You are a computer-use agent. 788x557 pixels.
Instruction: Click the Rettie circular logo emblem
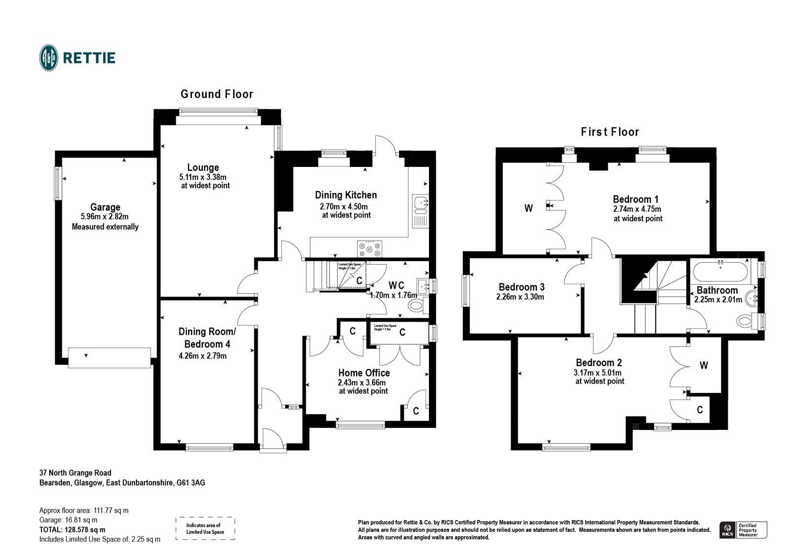(49, 58)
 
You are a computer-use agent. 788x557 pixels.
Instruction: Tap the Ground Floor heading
(217, 94)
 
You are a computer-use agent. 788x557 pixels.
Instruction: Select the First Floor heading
(610, 132)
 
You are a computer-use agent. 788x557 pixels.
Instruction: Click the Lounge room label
(203, 167)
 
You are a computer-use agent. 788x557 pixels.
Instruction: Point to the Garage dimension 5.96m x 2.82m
(105, 217)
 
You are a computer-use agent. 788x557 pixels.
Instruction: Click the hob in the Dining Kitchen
(369, 248)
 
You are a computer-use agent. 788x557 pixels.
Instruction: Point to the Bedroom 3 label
(521, 287)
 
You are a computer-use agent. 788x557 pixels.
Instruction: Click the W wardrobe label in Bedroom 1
(528, 208)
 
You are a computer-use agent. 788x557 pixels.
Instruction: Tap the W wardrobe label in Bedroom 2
(704, 365)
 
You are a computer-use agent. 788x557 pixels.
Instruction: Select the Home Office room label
(363, 373)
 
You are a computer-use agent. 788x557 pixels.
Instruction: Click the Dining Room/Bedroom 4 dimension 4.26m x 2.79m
(203, 356)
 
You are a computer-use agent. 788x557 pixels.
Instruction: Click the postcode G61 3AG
(191, 483)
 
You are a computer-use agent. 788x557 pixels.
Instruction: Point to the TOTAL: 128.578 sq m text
(72, 530)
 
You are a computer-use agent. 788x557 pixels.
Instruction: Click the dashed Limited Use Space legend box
(205, 529)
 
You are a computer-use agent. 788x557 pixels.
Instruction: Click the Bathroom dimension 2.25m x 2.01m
(718, 299)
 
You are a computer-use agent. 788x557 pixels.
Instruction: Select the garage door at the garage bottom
(109, 358)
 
